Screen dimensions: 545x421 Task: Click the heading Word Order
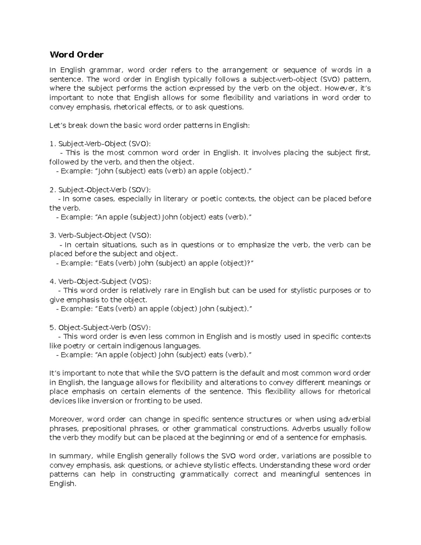point(76,55)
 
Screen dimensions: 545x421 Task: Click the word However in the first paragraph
point(339,88)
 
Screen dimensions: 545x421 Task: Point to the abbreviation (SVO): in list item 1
point(141,144)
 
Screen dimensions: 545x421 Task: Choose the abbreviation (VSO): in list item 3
point(140,235)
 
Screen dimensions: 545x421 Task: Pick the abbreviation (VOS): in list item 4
point(140,281)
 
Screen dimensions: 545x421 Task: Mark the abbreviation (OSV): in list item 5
point(140,327)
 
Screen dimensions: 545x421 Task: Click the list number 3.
point(52,235)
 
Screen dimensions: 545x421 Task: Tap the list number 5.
point(52,327)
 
